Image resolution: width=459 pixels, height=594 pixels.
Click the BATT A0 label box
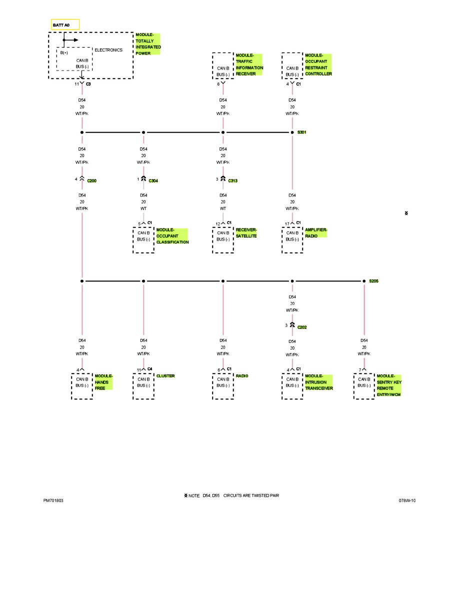tap(65, 24)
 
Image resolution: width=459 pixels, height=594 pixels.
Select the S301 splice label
tap(302, 132)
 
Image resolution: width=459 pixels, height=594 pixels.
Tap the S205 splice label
tap(373, 281)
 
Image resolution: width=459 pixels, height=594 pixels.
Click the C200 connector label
tap(91, 180)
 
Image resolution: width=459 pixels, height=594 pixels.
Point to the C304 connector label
tap(153, 180)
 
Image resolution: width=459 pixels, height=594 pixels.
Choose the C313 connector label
tap(232, 180)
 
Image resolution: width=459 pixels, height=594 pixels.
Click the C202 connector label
tap(302, 327)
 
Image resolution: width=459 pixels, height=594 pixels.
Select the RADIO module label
tap(242, 375)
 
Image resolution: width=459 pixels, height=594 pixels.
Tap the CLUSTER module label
tap(165, 375)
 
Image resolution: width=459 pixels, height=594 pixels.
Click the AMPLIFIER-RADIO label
tap(316, 232)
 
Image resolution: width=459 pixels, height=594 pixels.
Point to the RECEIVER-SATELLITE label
tap(246, 232)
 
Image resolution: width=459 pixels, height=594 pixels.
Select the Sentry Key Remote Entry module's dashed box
tap(364, 386)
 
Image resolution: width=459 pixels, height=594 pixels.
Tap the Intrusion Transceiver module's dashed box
tap(292, 386)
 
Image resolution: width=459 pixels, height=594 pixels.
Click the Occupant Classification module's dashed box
tap(143, 239)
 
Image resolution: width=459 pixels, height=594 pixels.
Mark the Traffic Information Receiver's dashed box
tap(223, 65)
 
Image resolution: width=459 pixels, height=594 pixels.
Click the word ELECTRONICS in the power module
tap(108, 50)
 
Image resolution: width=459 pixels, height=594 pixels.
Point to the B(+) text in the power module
tap(64, 53)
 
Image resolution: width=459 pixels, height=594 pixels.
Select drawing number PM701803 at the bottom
tap(53, 500)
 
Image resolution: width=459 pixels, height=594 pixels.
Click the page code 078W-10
tap(407, 500)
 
